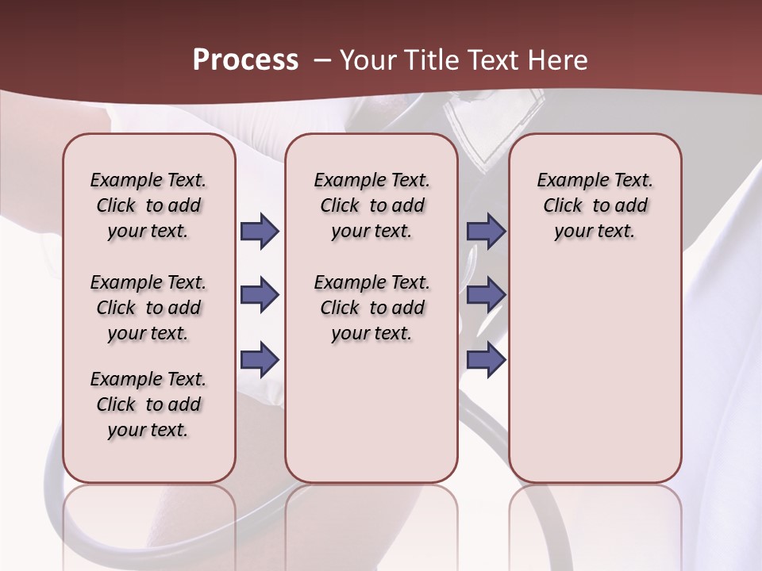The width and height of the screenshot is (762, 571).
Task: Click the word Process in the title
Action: click(x=245, y=60)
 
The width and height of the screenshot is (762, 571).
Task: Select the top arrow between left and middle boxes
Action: click(x=260, y=232)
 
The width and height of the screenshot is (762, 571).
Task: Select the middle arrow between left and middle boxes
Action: click(x=260, y=296)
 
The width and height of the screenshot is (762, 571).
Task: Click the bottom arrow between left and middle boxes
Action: click(x=260, y=360)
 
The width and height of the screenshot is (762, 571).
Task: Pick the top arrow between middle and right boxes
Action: click(x=486, y=232)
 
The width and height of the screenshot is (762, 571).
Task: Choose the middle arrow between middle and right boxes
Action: click(x=486, y=296)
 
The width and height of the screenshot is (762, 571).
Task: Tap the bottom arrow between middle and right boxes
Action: click(x=486, y=360)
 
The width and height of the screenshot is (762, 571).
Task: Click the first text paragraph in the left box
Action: click(x=148, y=205)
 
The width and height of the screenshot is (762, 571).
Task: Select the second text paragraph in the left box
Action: click(x=148, y=308)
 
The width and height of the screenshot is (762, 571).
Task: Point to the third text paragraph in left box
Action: click(x=148, y=404)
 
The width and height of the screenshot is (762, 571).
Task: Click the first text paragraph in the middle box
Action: click(x=371, y=205)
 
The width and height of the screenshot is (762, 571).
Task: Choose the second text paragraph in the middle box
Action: click(x=371, y=308)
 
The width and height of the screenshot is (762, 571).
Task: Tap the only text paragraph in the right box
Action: click(x=595, y=205)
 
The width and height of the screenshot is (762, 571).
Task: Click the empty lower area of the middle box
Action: click(x=371, y=412)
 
